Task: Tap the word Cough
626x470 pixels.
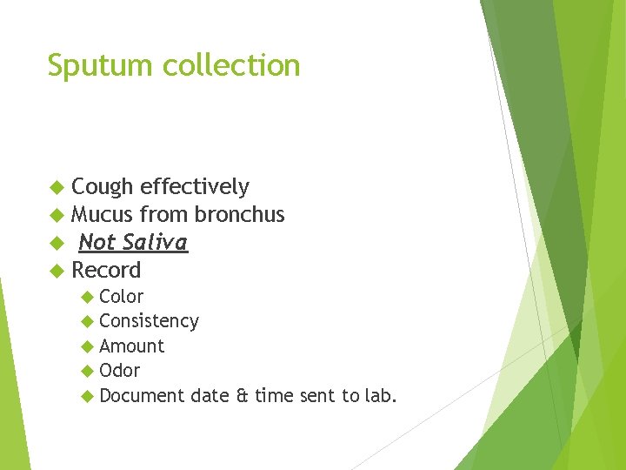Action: tap(102, 187)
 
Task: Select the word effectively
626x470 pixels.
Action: tap(195, 187)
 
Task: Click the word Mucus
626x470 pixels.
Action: tap(102, 215)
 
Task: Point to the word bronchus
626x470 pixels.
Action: tap(239, 215)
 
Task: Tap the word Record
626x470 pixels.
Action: tap(106, 271)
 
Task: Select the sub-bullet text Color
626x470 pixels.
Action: tap(122, 297)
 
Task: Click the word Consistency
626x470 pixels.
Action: tap(149, 322)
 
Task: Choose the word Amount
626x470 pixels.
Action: tap(131, 346)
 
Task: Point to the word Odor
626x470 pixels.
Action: tap(120, 371)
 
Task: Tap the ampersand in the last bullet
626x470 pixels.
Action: tap(242, 396)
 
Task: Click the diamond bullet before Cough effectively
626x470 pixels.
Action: tap(57, 187)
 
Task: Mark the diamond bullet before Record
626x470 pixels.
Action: tap(57, 271)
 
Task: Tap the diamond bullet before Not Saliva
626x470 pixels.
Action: tap(57, 243)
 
